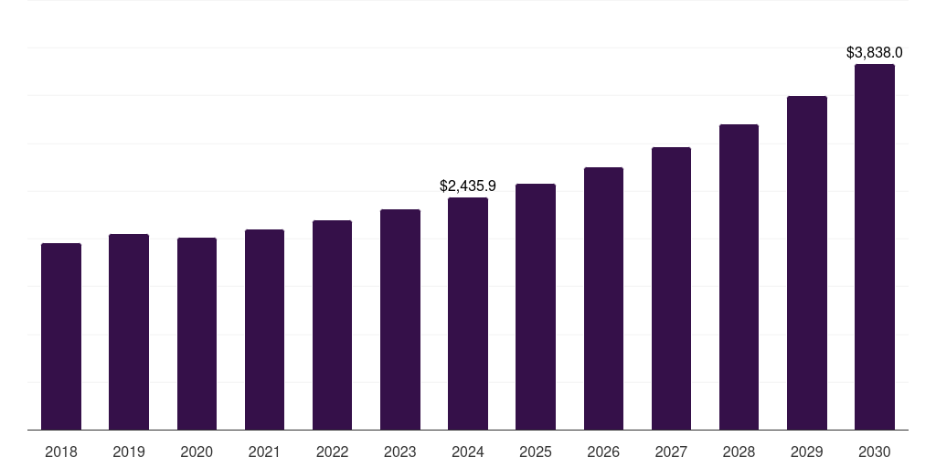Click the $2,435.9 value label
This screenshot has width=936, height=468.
click(468, 186)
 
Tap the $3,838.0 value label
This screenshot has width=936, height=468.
click(875, 52)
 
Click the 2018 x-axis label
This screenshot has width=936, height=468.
click(61, 452)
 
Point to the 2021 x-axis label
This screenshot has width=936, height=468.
click(264, 452)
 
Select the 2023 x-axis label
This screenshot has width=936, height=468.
click(400, 452)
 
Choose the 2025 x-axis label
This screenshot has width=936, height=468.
click(536, 452)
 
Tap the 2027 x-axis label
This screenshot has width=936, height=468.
click(671, 452)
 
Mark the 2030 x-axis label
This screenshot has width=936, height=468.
click(875, 452)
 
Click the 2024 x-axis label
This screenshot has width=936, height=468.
click(468, 452)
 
